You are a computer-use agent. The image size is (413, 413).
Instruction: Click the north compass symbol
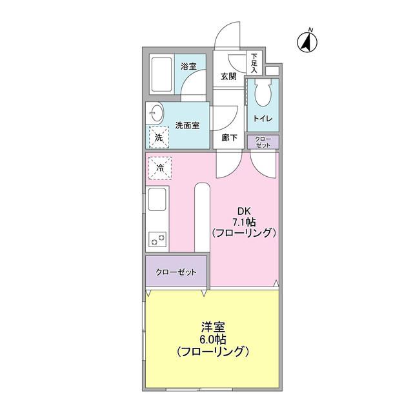305,42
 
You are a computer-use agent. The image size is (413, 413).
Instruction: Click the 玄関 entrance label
228,76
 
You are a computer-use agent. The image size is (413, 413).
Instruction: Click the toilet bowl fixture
262,96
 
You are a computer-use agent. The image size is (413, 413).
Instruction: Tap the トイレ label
262,119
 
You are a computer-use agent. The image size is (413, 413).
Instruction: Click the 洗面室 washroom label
187,126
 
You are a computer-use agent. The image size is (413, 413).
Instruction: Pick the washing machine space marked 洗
159,137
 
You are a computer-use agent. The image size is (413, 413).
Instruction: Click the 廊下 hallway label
229,137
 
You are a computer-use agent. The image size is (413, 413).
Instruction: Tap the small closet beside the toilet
263,141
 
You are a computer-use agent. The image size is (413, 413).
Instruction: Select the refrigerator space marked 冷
159,168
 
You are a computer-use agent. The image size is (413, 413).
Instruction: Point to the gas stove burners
158,240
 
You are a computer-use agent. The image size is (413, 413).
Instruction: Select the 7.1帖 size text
244,222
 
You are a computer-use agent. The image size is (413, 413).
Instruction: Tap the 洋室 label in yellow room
213,328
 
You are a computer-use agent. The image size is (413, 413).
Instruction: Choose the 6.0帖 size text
213,340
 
